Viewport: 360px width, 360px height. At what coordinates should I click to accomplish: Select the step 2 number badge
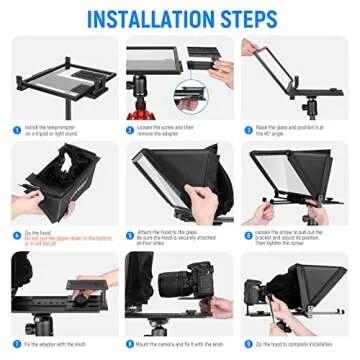tap(131, 129)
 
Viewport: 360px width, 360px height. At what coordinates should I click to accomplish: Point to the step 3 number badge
tap(246, 129)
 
